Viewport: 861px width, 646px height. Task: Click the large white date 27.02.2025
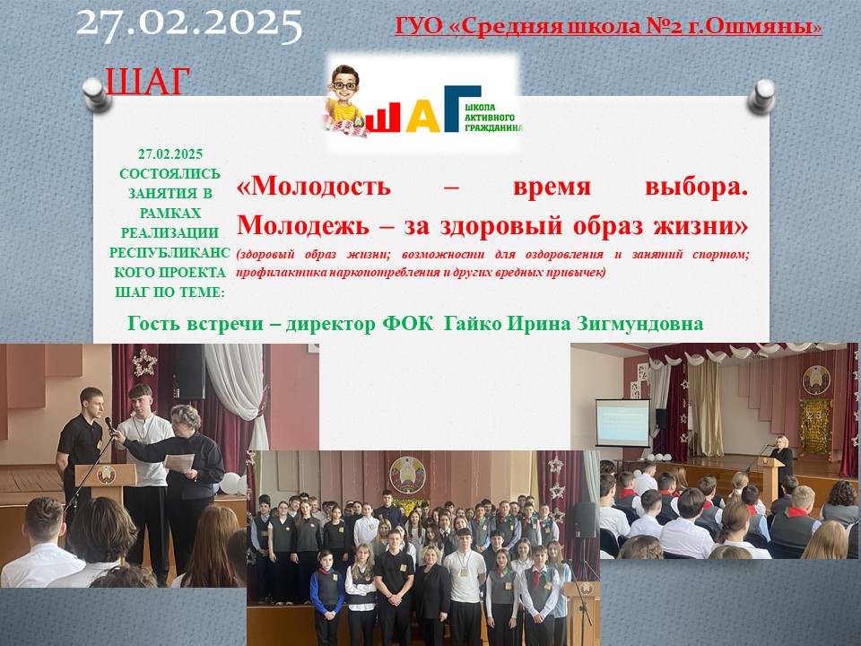click(189, 25)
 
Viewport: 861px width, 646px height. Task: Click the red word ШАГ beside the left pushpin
click(147, 82)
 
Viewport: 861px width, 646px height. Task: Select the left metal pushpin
click(97, 94)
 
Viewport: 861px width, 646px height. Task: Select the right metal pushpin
click(762, 97)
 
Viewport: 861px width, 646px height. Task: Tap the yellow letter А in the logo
click(422, 117)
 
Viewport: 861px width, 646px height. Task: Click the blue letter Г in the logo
click(462, 109)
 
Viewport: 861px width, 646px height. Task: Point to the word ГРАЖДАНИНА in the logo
click(493, 127)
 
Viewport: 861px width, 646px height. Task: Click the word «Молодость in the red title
click(314, 187)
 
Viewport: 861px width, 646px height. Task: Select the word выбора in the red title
click(696, 187)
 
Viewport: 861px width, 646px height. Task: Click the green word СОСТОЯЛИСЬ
click(170, 173)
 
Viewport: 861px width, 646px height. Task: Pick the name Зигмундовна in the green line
click(639, 324)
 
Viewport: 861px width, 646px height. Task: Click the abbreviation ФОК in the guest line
click(407, 324)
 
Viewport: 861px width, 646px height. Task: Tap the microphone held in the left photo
click(109, 424)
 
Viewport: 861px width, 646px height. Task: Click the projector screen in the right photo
click(622, 423)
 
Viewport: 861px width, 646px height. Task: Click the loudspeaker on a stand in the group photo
click(584, 519)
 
